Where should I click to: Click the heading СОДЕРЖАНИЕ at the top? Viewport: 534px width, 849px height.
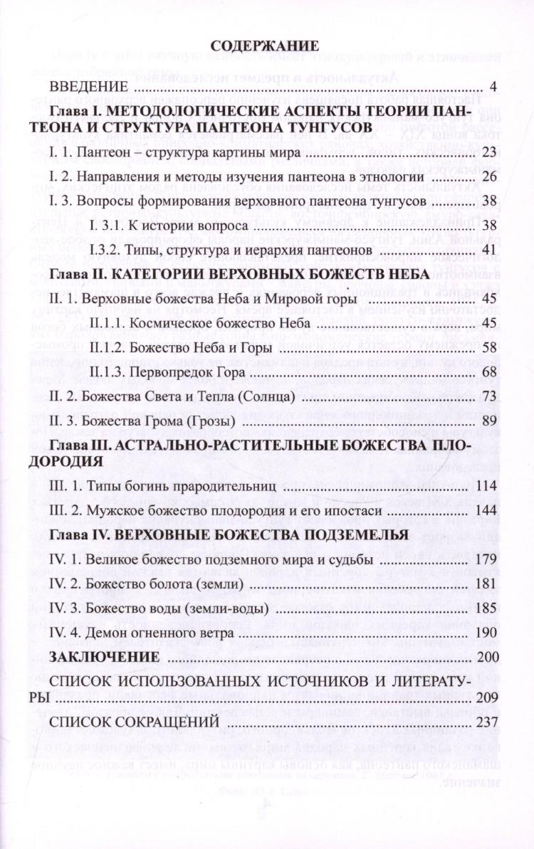click(x=266, y=47)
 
